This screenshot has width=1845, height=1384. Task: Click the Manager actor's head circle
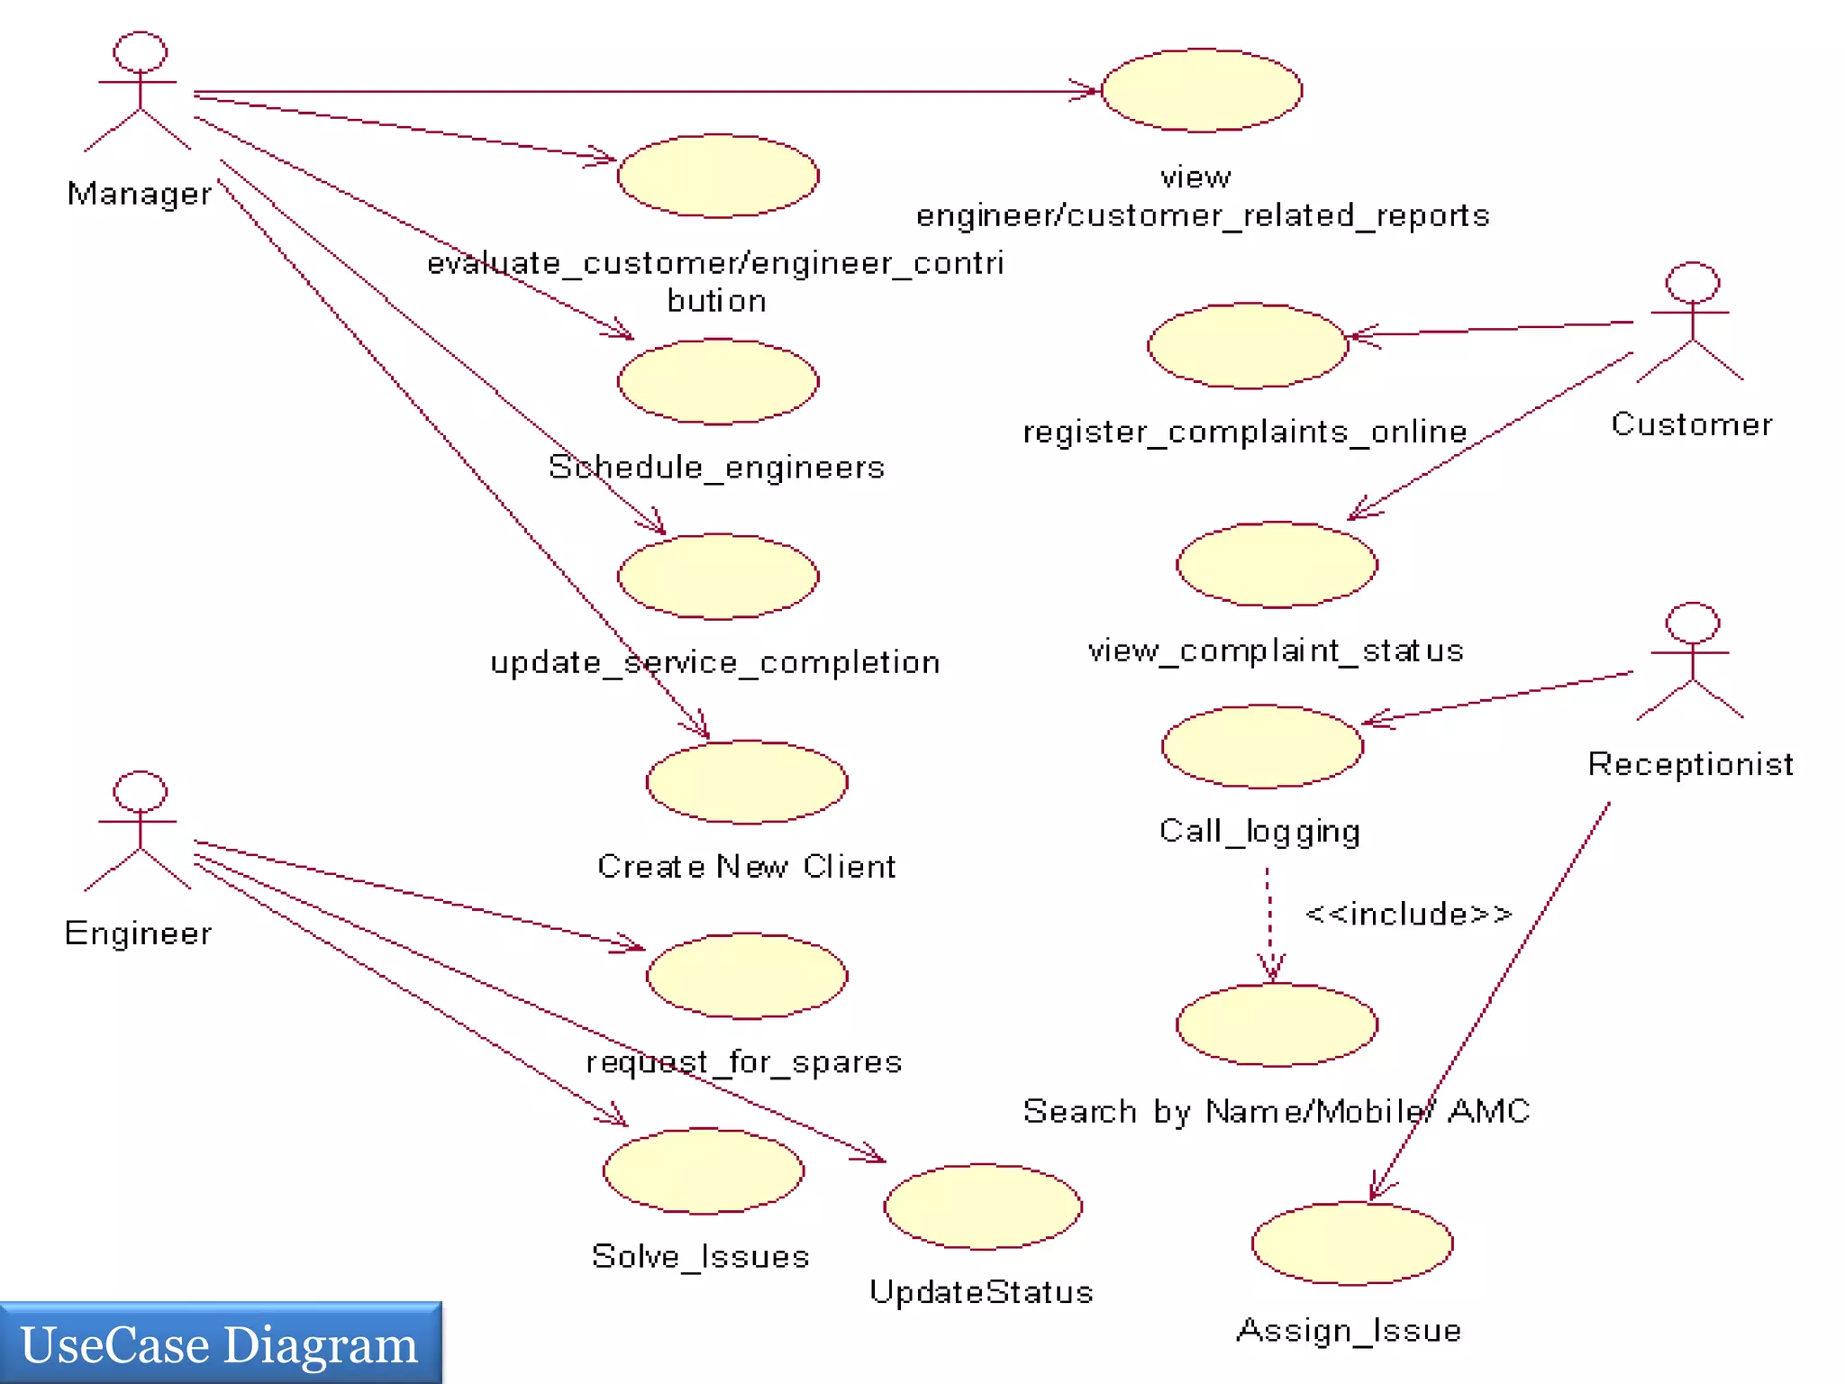click(140, 52)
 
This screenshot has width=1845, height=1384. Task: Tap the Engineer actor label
click(139, 933)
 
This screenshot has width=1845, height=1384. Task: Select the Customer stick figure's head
click(1692, 282)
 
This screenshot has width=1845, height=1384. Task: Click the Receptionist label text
click(1690, 764)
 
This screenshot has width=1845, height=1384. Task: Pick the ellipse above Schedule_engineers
click(718, 381)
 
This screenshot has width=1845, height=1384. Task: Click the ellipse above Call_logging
click(1262, 746)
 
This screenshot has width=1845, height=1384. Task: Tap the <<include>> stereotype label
click(1408, 914)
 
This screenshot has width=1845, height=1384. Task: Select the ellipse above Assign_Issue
click(1351, 1243)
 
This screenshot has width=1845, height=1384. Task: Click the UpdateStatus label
click(981, 1292)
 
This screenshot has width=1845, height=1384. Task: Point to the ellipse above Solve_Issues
click(704, 1170)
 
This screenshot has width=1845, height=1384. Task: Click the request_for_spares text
click(744, 1061)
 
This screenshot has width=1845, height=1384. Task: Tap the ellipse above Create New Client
click(747, 782)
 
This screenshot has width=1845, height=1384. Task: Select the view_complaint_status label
click(1276, 651)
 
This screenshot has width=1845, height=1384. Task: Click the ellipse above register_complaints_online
click(1248, 346)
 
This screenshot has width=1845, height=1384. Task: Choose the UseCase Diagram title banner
click(220, 1343)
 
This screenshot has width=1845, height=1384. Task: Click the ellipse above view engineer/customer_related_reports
click(1202, 90)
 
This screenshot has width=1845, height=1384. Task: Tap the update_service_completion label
click(715, 662)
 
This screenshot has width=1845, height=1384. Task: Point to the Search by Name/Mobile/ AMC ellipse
click(1277, 1025)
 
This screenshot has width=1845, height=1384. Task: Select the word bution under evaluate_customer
click(716, 301)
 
